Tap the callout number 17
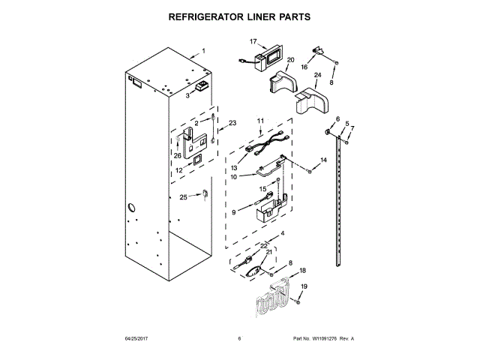point(253,42)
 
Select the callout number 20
point(290,60)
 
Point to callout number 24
point(317,75)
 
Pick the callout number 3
point(188,95)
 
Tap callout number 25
point(183,197)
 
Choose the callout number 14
point(324,160)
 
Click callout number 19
point(304,286)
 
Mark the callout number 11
point(261,121)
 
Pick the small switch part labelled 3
point(202,88)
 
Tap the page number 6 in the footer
point(239,339)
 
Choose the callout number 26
point(178,155)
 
